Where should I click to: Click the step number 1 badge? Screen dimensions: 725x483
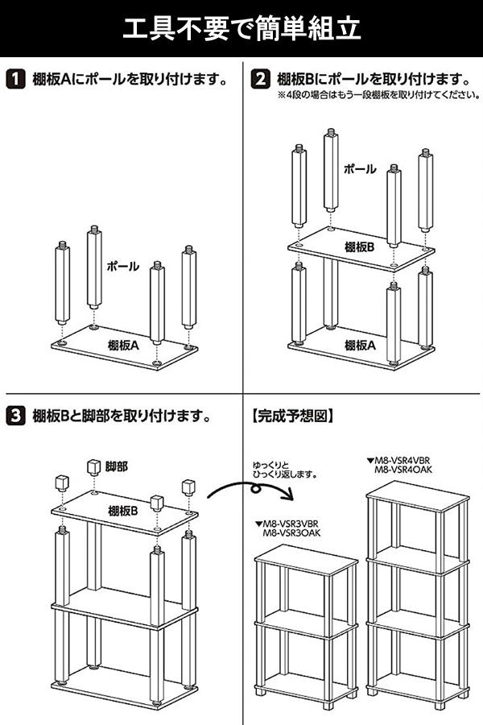(x=15, y=80)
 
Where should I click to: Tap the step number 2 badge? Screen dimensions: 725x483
(x=259, y=80)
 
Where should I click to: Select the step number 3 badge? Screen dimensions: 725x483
(x=15, y=416)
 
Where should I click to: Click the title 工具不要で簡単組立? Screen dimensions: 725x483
(x=242, y=30)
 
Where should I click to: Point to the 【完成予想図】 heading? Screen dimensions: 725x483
(x=292, y=417)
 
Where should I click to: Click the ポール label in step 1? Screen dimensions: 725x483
(x=123, y=266)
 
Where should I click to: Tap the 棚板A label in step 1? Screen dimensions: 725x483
(x=124, y=345)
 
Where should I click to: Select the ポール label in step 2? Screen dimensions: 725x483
(x=360, y=169)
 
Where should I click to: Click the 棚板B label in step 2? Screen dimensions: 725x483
(x=360, y=247)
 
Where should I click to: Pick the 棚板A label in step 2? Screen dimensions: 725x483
(x=360, y=345)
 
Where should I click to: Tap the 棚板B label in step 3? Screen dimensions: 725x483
(x=124, y=510)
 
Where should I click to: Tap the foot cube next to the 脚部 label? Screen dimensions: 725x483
(x=92, y=467)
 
